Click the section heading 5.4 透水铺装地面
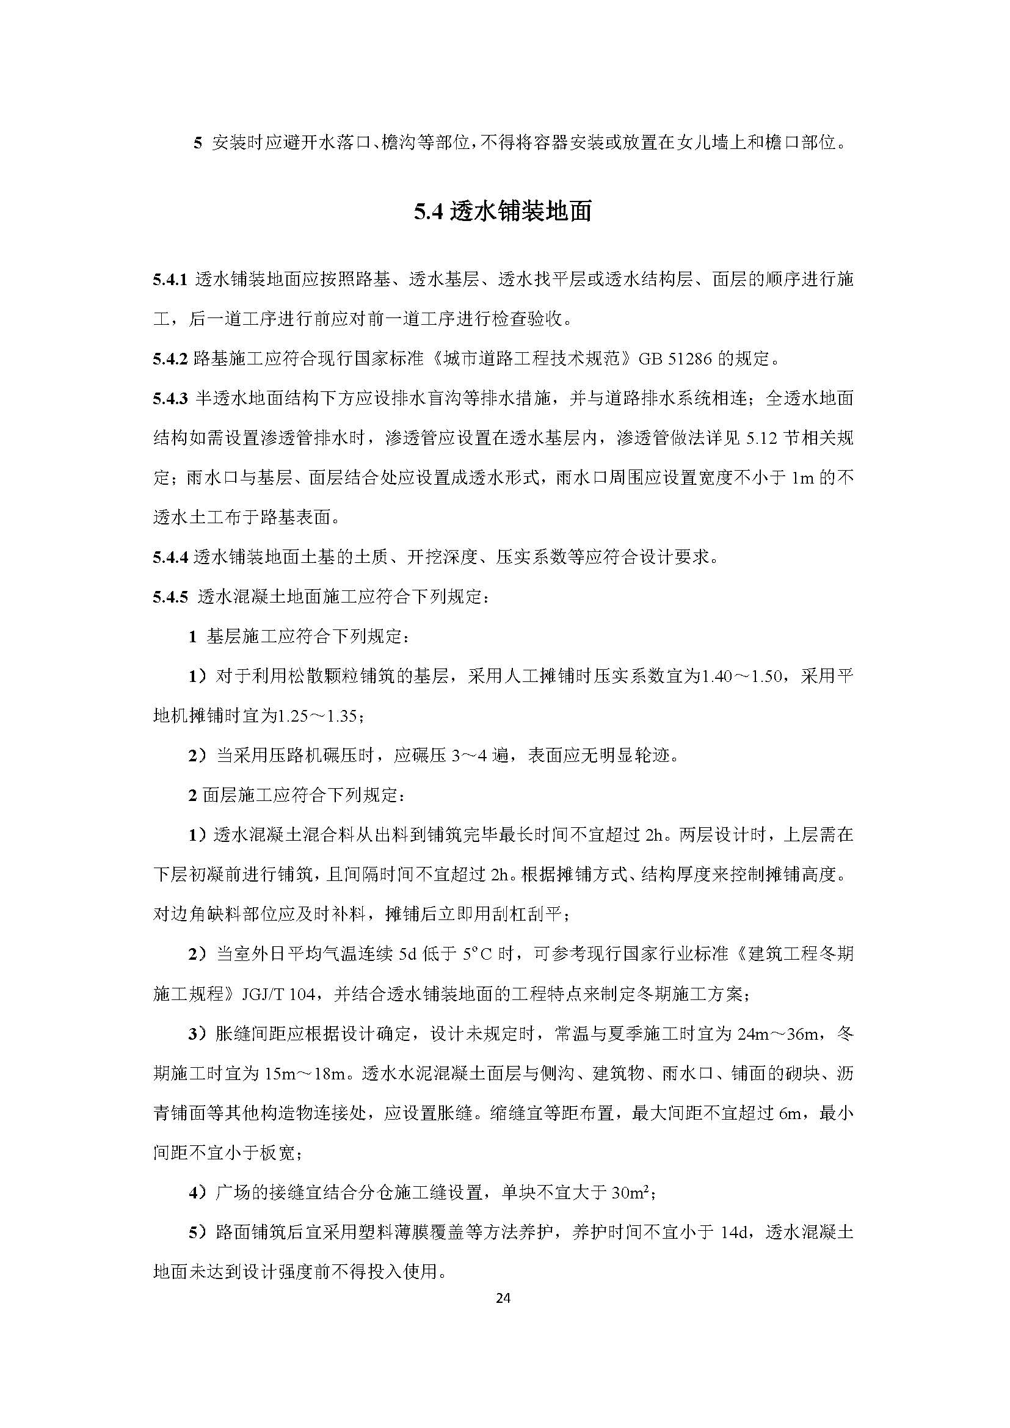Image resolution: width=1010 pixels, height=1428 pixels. click(x=503, y=212)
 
